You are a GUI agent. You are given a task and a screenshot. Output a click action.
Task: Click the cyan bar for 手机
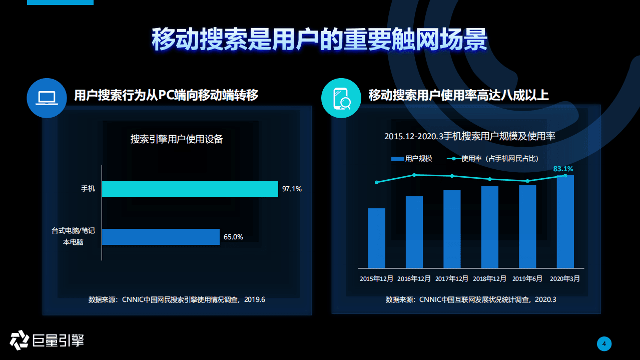(190, 189)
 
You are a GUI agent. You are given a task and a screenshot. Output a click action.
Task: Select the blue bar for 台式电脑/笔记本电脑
(161, 237)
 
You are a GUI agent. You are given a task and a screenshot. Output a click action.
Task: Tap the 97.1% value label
(292, 189)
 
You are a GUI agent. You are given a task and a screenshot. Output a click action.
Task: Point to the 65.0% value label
(233, 237)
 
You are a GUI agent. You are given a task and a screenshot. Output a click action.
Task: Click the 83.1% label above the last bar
(563, 169)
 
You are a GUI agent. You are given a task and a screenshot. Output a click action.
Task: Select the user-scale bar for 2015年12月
(376, 238)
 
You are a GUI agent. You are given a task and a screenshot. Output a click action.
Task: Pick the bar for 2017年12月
(452, 229)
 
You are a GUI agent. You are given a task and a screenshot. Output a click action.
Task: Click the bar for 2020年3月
(565, 221)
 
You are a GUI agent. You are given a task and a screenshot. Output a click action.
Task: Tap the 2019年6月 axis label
(527, 278)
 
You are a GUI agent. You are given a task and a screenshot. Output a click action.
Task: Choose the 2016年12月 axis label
(414, 278)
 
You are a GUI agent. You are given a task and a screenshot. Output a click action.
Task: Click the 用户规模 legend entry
(411, 159)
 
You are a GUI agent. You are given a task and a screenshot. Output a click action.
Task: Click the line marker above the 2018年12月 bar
(490, 179)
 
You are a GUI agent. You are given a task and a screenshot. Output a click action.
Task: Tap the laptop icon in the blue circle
(47, 98)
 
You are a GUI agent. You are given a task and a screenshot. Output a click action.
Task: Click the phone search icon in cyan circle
(341, 98)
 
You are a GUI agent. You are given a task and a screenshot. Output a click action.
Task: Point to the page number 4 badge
(604, 343)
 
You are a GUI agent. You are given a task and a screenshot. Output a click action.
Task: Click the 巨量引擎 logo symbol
(19, 340)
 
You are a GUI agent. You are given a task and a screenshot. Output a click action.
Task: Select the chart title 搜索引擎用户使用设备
(177, 139)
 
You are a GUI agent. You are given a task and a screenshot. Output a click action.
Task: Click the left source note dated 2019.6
(177, 300)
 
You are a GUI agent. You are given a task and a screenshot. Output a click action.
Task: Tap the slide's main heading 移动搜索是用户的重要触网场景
(319, 39)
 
